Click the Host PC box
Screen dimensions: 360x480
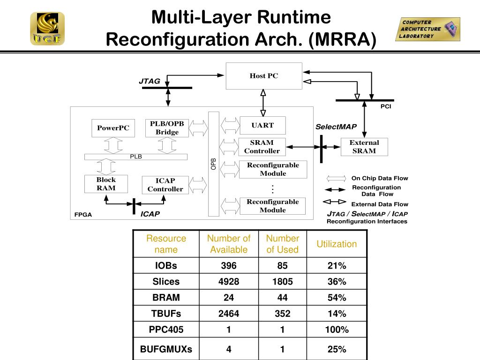coord(263,76)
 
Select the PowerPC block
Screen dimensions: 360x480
coord(113,128)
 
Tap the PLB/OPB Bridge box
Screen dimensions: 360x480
coord(167,128)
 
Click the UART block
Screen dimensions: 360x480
coord(262,125)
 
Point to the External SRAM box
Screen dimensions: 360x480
coord(364,147)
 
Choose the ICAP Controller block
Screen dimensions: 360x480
coord(165,185)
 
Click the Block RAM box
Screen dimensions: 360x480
coord(106,184)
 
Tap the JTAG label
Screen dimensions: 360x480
coord(150,81)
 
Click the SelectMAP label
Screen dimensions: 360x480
coord(336,127)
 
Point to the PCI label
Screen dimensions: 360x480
coord(386,107)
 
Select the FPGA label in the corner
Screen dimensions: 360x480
coord(83,215)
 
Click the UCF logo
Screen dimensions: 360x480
coord(47,29)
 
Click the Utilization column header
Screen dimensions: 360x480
coord(337,244)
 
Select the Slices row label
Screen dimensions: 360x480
coord(166,282)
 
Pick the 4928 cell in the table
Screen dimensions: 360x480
coord(229,282)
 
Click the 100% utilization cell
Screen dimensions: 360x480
coord(337,330)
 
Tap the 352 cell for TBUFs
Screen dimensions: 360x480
coord(282,314)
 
